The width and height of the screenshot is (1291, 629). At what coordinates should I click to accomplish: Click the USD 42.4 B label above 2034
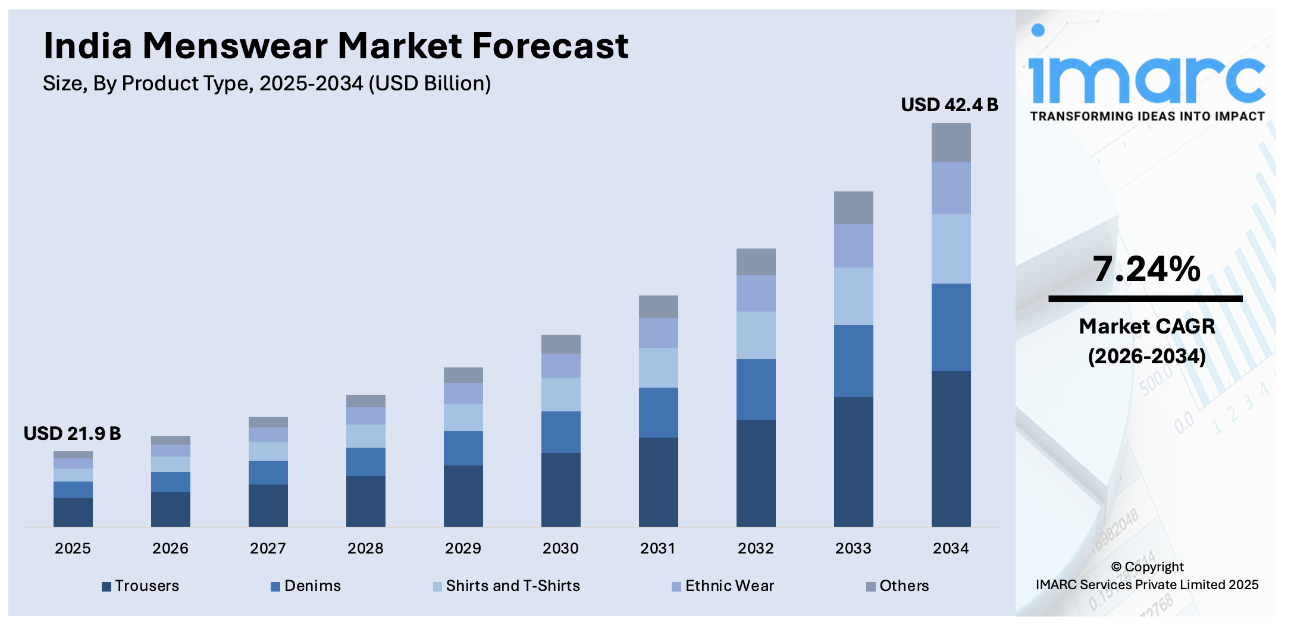[x=949, y=105]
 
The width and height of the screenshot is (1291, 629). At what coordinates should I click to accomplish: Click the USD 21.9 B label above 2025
[x=72, y=434]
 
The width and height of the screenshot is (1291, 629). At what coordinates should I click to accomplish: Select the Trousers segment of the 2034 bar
[x=951, y=448]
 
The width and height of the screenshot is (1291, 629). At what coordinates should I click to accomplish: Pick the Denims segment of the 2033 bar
[x=853, y=361]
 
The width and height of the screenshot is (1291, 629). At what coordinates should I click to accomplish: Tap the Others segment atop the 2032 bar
[x=756, y=262]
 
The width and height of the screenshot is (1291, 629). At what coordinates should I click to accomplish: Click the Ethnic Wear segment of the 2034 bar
[x=951, y=188]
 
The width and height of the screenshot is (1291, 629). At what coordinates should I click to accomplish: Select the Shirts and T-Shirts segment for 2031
[x=658, y=367]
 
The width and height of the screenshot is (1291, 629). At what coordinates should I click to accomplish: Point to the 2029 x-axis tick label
[x=463, y=548]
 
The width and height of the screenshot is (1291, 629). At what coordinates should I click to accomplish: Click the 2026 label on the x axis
[x=170, y=548]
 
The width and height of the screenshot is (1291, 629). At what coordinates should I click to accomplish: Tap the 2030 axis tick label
[x=560, y=548]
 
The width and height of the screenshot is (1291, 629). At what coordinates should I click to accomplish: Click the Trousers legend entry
[x=141, y=586]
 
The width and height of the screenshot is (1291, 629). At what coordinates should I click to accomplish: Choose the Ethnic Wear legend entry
[x=723, y=586]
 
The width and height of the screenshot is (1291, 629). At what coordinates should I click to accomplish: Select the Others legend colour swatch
[x=870, y=587]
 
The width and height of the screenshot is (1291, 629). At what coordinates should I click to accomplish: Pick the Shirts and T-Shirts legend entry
[x=507, y=586]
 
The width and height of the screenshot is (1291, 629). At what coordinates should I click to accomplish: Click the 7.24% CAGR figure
[x=1146, y=269]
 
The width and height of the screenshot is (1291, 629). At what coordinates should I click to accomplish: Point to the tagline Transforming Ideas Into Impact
[x=1147, y=117]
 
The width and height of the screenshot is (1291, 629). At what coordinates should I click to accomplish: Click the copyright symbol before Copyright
[x=1116, y=567]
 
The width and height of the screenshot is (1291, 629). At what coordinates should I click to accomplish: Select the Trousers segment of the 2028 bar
[x=365, y=501]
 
